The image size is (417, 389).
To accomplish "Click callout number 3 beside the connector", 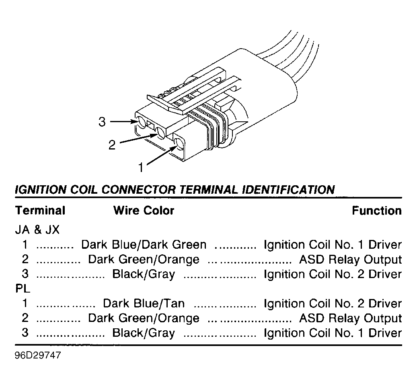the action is [x=102, y=122].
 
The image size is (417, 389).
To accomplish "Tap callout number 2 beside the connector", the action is [x=112, y=145].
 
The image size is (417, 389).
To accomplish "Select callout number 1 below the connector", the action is [x=141, y=168].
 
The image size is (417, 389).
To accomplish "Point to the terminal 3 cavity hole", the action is [x=141, y=123].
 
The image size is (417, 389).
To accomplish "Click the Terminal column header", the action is [x=40, y=211].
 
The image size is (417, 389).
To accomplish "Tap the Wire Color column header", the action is [x=144, y=211].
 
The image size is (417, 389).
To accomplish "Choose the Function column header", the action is [x=377, y=211].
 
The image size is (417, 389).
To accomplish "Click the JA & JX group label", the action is [x=37, y=229].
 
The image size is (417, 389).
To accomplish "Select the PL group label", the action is [x=23, y=289].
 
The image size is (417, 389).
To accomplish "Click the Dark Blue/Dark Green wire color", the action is [x=144, y=245].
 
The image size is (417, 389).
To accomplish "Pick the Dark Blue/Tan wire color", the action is [x=144, y=303].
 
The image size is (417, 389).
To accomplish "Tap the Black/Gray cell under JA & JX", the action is [x=144, y=274].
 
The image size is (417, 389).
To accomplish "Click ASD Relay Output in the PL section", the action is [x=351, y=318].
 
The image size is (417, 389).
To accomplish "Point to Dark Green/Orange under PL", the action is [x=144, y=318].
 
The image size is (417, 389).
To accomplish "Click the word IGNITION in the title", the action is [x=41, y=190].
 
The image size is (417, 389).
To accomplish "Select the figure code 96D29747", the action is [x=38, y=355].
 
